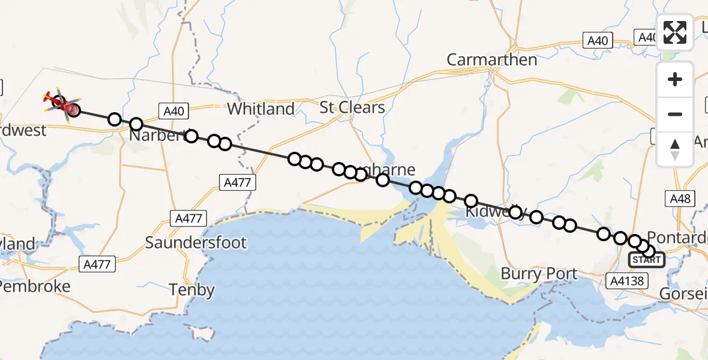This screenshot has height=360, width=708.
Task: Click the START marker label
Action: (x=647, y=260)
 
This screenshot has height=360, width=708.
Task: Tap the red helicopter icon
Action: (x=60, y=102)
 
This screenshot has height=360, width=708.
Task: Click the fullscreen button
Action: (x=675, y=32)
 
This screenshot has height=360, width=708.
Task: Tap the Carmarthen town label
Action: (x=491, y=60)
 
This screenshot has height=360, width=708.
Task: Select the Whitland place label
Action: (x=261, y=109)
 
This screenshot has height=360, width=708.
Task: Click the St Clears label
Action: (x=352, y=107)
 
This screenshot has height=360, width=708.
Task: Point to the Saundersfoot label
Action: (x=196, y=242)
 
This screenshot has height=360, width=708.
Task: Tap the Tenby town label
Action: (x=192, y=290)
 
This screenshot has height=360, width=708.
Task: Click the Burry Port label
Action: (x=539, y=274)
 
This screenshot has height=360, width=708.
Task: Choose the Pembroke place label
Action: (x=35, y=286)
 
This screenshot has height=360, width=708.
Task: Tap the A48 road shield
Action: (x=679, y=198)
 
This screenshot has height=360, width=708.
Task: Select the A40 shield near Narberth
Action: (x=174, y=110)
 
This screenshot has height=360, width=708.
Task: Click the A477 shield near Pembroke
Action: (x=97, y=263)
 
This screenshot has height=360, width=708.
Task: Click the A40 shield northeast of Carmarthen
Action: (x=598, y=41)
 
